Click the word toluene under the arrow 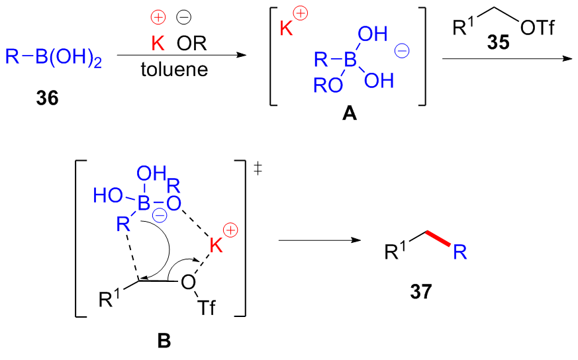(x=174, y=69)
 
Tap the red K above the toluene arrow (x=158, y=44)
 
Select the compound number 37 (x=420, y=291)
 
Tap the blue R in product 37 (x=461, y=251)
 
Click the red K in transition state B (x=217, y=246)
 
